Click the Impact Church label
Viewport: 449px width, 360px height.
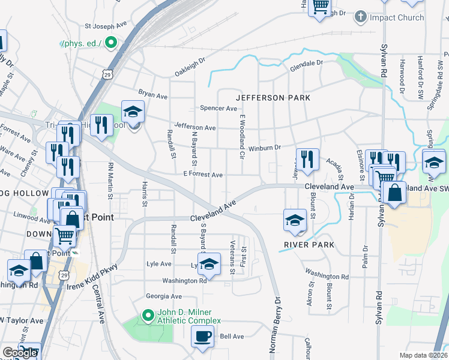coord(397,17)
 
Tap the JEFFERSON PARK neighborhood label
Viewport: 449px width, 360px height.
coord(273,97)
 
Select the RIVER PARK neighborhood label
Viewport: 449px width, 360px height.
coord(310,245)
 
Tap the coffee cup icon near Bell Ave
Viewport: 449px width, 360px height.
coord(202,336)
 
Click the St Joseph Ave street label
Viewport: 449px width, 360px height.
coord(107,26)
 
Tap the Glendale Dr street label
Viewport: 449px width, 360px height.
coord(307,63)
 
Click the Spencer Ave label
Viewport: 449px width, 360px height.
coord(219,109)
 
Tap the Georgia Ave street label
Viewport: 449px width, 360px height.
coord(163,296)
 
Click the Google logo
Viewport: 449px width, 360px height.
coord(20,353)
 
